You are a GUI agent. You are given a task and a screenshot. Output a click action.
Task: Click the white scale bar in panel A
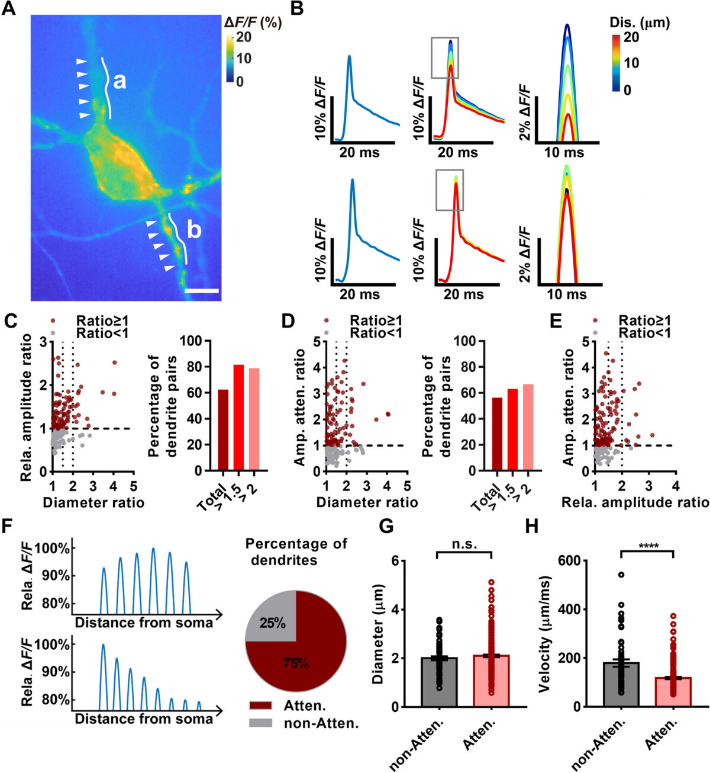(202, 291)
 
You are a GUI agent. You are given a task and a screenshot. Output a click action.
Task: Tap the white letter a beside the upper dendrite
(120, 81)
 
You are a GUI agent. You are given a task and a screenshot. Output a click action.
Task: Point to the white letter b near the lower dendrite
(193, 230)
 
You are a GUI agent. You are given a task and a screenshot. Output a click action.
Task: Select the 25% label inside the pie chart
(273, 623)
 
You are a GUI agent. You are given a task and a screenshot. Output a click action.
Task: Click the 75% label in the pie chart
(296, 663)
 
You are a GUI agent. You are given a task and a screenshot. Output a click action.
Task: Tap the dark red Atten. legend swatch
(260, 705)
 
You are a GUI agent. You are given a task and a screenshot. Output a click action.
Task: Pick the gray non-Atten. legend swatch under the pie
(260, 723)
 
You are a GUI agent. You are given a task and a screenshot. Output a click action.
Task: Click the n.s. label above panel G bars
(464, 544)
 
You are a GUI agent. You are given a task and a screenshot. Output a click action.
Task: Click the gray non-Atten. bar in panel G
(439, 682)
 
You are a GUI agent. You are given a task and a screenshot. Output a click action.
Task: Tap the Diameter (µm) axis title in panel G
(379, 633)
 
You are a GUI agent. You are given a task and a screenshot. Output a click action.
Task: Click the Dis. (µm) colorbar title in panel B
(640, 23)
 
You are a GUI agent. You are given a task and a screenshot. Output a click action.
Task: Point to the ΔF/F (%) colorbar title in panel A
(253, 23)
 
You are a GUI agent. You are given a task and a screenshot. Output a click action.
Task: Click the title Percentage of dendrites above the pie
(296, 551)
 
